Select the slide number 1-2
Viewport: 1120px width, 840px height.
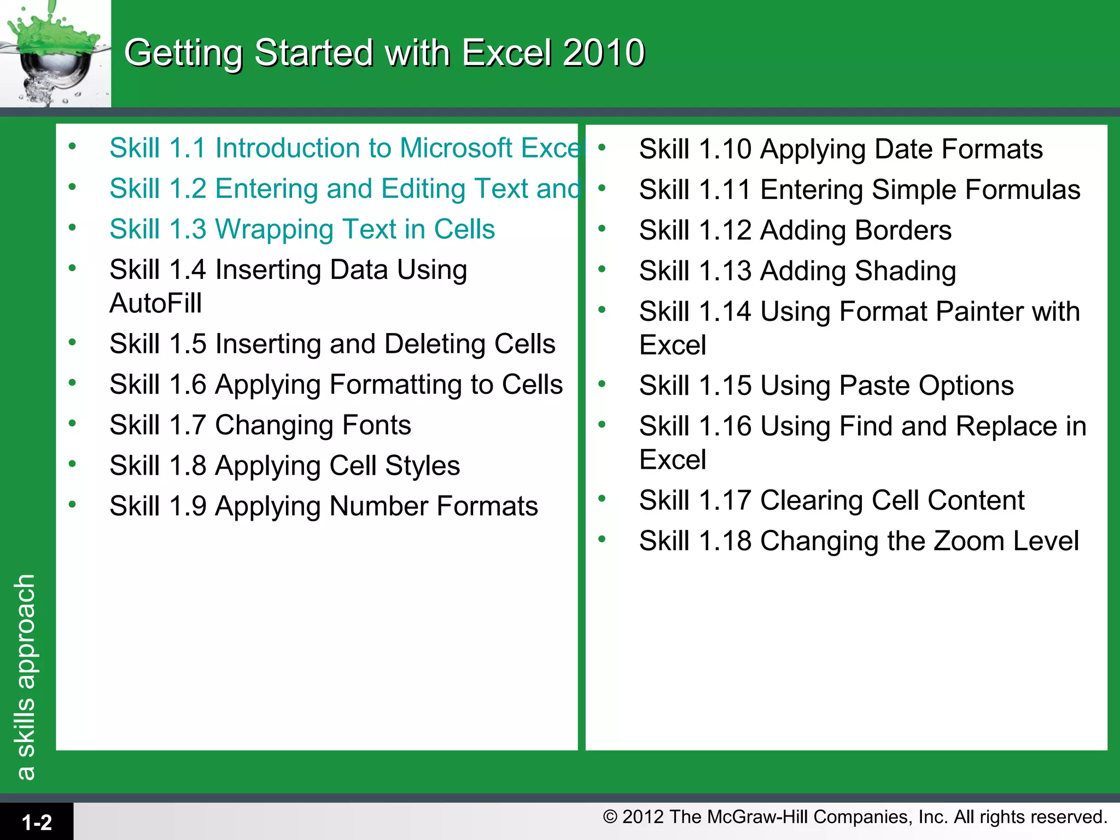pos(37,822)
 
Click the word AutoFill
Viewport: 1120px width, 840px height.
pos(155,303)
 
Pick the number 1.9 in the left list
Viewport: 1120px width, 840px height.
pos(188,506)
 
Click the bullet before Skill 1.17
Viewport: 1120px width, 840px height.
pos(602,498)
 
